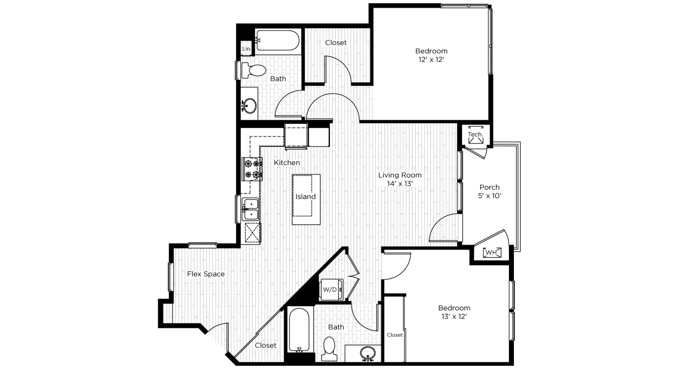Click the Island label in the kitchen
pyautogui.click(x=306, y=197)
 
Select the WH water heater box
pyautogui.click(x=492, y=252)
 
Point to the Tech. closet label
pyautogui.click(x=475, y=135)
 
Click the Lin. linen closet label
pyautogui.click(x=247, y=49)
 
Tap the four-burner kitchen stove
pyautogui.click(x=252, y=169)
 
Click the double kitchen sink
pyautogui.click(x=250, y=210)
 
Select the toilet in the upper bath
pyautogui.click(x=254, y=70)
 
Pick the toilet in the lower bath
pyautogui.click(x=329, y=349)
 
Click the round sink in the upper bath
pyautogui.click(x=249, y=106)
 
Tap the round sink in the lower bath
pyautogui.click(x=368, y=353)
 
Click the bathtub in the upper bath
pyautogui.click(x=277, y=40)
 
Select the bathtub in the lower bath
pyautogui.click(x=299, y=330)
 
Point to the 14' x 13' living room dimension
pyautogui.click(x=400, y=184)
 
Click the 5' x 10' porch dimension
pyautogui.click(x=490, y=196)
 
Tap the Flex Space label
pyautogui.click(x=206, y=274)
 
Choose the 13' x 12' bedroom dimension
pyautogui.click(x=454, y=316)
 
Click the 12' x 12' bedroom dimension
pyautogui.click(x=431, y=59)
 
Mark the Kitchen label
pyautogui.click(x=287, y=163)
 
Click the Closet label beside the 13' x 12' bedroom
pyautogui.click(x=394, y=335)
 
